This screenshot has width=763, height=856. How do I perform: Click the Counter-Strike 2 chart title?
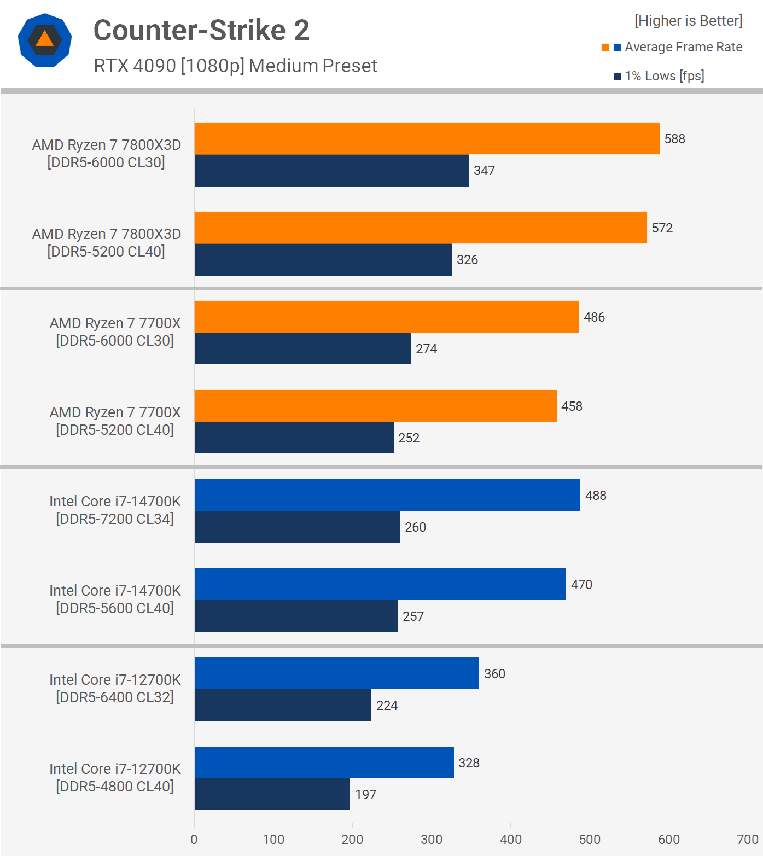201,30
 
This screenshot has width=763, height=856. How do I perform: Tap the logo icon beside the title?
45,40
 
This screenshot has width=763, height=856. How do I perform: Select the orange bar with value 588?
427,138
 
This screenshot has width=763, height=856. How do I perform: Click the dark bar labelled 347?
331,171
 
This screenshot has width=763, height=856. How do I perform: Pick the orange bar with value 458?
375,406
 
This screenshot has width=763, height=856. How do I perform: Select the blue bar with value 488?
387,495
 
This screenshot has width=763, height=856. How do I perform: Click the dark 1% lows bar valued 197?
272,794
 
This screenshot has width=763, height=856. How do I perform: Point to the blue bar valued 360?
336,673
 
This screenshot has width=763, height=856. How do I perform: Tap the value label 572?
662,228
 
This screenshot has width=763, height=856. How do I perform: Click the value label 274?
426,349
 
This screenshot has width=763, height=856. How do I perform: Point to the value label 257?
413,616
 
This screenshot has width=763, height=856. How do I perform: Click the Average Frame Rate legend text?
683,47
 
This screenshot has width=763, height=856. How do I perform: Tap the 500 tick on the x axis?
590,840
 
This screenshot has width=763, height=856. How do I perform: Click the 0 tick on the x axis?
194,840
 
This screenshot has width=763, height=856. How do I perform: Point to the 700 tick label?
747,840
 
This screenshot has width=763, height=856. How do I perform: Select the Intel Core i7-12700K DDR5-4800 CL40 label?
115,777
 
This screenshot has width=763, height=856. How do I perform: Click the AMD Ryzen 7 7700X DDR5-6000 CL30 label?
115,331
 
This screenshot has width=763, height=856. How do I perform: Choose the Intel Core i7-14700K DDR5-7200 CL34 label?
115,510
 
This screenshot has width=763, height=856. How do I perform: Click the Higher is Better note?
688,21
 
